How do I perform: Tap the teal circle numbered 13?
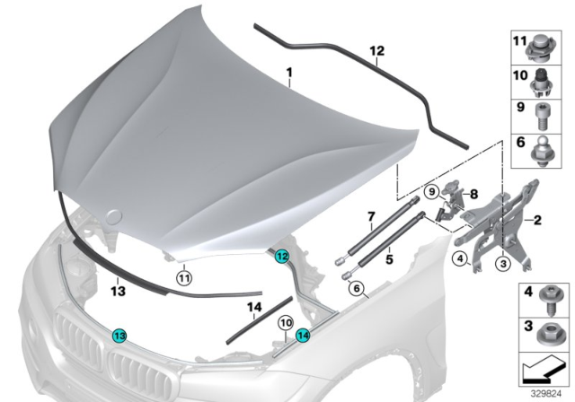pyautogui.click(x=119, y=336)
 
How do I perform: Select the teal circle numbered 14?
pyautogui.click(x=302, y=336)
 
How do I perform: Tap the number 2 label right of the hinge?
pyautogui.click(x=538, y=218)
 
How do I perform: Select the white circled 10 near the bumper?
pyautogui.click(x=284, y=322)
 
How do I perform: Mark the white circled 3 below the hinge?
pyautogui.click(x=503, y=263)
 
